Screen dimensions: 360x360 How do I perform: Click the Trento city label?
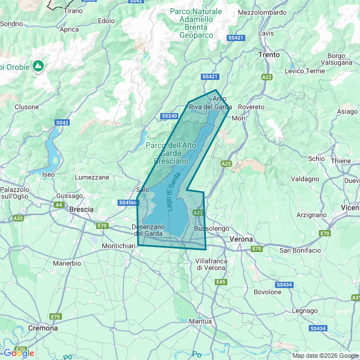(x=268, y=55)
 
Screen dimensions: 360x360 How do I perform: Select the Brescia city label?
(x=81, y=209)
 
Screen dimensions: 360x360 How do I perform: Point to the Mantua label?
(x=200, y=321)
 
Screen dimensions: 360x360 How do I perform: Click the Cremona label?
(x=43, y=328)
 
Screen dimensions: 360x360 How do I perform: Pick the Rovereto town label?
(x=251, y=107)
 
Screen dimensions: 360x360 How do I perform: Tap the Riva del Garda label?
(x=210, y=107)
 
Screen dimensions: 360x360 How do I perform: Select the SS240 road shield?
(x=169, y=116)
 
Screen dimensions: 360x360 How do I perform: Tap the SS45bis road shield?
(x=128, y=202)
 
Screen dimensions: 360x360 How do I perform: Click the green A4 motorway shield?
(x=59, y=205)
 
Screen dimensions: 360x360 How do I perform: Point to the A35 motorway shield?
(x=19, y=218)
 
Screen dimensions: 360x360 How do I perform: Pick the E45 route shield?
(x=220, y=282)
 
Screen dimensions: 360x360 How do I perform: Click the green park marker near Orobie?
(x=38, y=66)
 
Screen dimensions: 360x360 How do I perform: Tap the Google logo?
(x=18, y=353)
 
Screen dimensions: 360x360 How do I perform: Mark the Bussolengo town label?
(x=211, y=229)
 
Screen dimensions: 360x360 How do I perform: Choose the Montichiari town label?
(x=120, y=246)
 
